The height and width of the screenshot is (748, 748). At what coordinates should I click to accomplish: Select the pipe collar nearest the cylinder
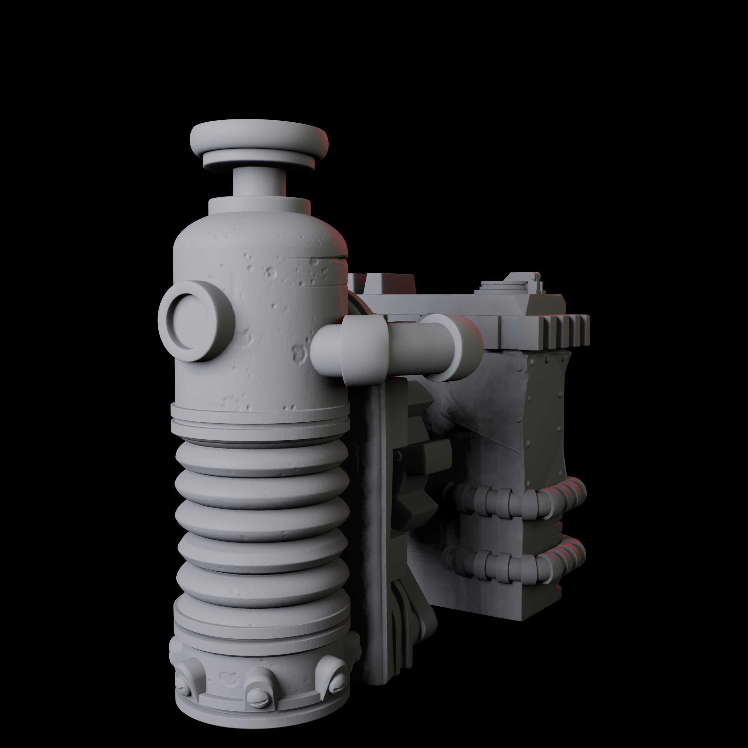(364, 347)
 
